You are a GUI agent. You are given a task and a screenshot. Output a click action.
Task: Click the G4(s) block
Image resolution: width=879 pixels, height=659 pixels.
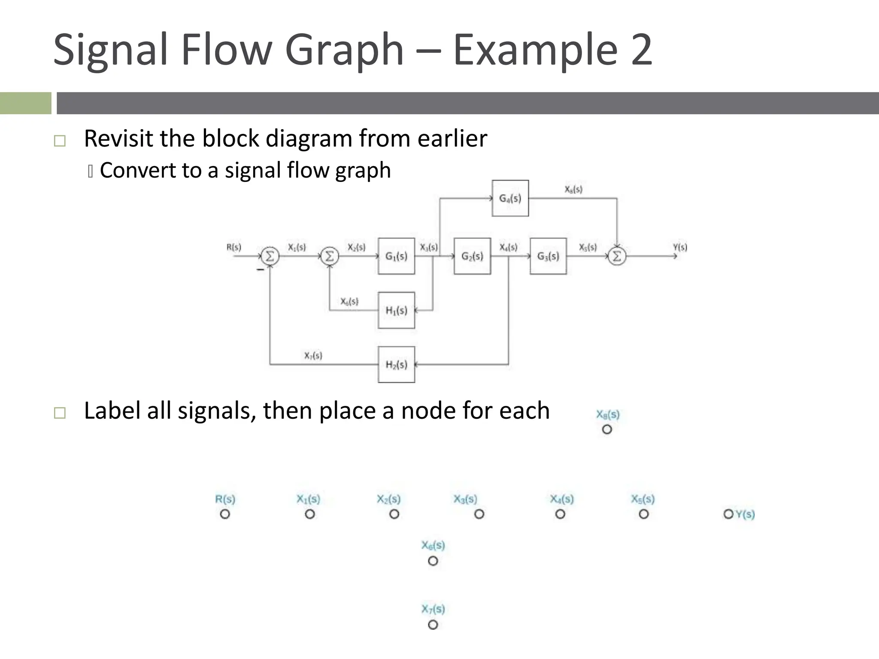pyautogui.click(x=510, y=198)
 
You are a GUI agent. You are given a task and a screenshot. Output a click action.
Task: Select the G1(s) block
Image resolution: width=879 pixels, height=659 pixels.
pyautogui.click(x=396, y=256)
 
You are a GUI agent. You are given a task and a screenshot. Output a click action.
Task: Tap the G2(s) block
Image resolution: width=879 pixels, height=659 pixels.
pyautogui.click(x=472, y=256)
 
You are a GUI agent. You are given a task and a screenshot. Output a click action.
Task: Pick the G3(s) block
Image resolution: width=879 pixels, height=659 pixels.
pyautogui.click(x=548, y=256)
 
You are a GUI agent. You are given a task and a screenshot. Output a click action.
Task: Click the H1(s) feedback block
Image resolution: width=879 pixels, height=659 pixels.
pyautogui.click(x=396, y=310)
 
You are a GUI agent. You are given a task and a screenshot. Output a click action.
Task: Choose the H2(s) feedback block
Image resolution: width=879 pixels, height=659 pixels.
pyautogui.click(x=396, y=365)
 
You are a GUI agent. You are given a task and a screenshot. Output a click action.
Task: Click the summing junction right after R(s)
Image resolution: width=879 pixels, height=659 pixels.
pyautogui.click(x=270, y=256)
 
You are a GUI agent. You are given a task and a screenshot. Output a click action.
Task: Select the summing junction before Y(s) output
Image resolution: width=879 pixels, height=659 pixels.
pyautogui.click(x=617, y=256)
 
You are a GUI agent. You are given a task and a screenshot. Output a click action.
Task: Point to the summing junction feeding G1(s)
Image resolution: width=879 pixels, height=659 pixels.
pyautogui.click(x=330, y=256)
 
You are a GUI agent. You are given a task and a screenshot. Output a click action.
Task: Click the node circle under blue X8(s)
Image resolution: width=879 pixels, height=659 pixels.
pyautogui.click(x=607, y=429)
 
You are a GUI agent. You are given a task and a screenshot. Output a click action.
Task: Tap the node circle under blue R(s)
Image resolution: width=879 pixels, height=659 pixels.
pyautogui.click(x=225, y=514)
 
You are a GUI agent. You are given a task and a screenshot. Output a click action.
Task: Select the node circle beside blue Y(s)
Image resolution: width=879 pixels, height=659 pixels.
pyautogui.click(x=728, y=514)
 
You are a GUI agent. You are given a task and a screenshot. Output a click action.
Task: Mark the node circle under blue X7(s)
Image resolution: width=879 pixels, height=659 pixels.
pyautogui.click(x=433, y=625)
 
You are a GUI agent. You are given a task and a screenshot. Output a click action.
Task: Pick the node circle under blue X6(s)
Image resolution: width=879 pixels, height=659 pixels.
pyautogui.click(x=433, y=561)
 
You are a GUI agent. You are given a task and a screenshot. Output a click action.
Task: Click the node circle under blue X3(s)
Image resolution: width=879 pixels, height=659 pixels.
pyautogui.click(x=479, y=514)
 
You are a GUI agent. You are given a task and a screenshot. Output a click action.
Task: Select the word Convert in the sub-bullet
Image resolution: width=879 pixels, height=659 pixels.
pyautogui.click(x=137, y=170)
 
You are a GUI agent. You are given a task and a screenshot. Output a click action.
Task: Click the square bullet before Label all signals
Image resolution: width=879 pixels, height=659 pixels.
pyautogui.click(x=60, y=413)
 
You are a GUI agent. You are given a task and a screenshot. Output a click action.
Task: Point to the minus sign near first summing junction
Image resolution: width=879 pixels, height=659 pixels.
pyautogui.click(x=260, y=270)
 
